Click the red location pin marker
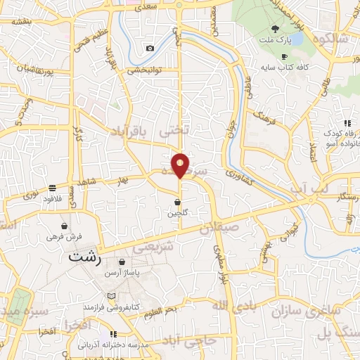(180, 165)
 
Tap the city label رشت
(84, 258)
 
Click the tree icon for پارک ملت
(274, 30)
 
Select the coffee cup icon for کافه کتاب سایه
(284, 56)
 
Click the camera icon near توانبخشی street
(150, 48)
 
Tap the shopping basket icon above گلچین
(176, 202)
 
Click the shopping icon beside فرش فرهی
(65, 226)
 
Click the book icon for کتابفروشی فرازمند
(107, 297)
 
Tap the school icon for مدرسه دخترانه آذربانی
(113, 335)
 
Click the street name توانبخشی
(144, 70)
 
